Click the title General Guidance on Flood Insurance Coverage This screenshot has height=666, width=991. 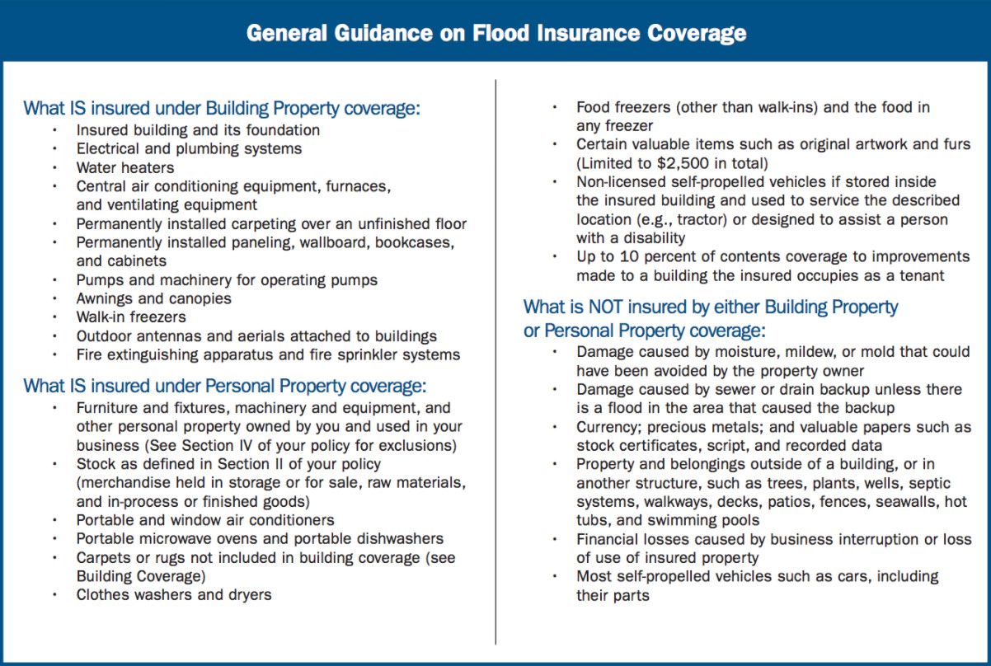495,33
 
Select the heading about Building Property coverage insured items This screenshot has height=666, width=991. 222,108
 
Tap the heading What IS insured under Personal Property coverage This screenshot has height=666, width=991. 224,386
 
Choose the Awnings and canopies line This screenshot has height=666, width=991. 154,298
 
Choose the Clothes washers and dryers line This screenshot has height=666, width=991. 174,594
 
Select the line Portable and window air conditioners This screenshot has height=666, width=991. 205,520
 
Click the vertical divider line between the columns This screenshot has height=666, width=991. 495,363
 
